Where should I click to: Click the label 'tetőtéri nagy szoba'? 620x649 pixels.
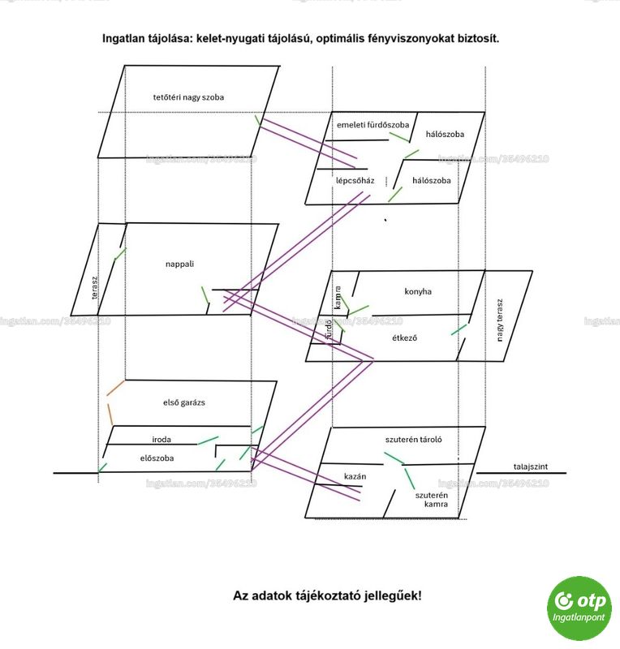point(188,97)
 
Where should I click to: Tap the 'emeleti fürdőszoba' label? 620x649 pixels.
point(372,125)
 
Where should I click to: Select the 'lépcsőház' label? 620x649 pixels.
point(355,180)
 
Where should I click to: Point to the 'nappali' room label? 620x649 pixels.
point(179,264)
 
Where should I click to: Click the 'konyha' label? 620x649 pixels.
point(418,291)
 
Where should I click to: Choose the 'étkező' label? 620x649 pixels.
point(404,337)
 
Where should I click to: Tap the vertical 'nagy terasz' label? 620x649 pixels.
point(499,320)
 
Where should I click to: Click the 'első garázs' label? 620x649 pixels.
point(184,402)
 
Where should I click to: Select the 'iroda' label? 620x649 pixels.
point(161,439)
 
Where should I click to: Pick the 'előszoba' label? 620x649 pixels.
point(157,458)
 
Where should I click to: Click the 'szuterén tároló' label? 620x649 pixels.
point(413,440)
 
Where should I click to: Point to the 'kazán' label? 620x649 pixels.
point(355,476)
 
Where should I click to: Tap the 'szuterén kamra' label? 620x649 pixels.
point(432,500)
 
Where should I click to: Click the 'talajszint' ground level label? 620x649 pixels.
point(531,466)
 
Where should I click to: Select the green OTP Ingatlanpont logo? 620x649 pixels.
point(579,608)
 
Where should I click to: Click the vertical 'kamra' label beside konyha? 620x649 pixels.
point(338,298)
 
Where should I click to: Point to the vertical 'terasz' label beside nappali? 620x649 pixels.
point(95,288)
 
